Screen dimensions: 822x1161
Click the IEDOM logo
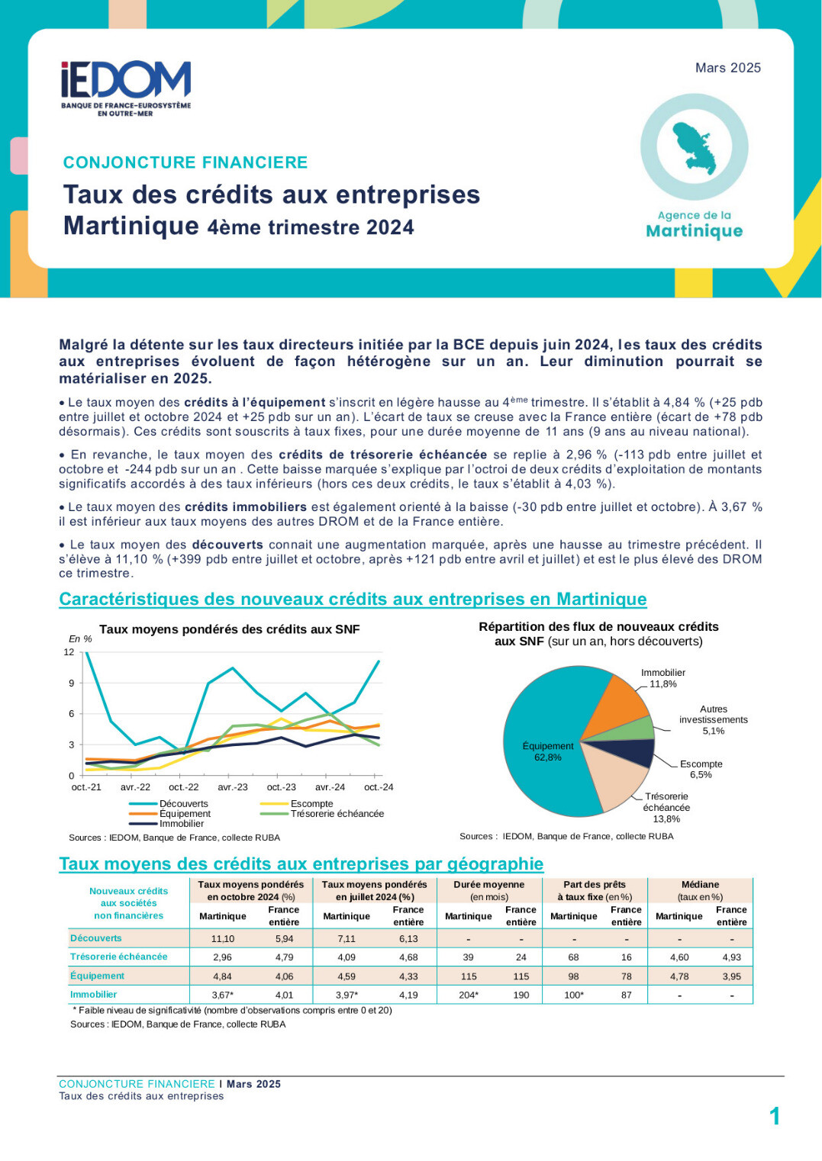[126, 88]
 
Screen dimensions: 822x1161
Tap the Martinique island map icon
[695, 149]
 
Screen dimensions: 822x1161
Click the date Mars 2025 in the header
[727, 68]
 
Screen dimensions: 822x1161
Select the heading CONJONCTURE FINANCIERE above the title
[185, 162]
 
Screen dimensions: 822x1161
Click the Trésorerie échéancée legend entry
[322, 814]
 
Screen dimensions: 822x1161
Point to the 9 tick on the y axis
[72, 683]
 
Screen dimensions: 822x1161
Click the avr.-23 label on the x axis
[232, 786]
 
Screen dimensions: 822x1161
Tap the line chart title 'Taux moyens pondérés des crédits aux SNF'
[229, 629]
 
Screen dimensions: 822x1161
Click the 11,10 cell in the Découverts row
[223, 938]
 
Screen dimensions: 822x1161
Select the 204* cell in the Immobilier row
[469, 995]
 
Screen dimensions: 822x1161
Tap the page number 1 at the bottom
[775, 1116]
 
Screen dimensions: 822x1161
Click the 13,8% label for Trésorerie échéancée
[666, 819]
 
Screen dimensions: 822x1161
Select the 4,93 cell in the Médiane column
[731, 957]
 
